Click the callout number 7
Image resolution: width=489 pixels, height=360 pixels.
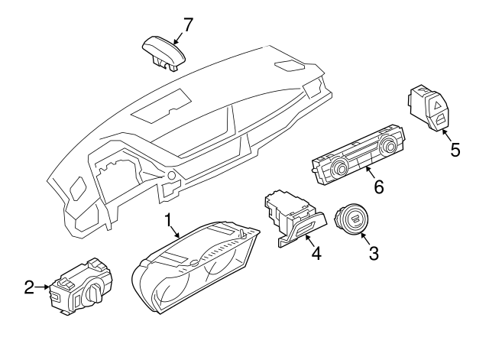187,24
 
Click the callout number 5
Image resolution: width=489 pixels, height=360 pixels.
455,149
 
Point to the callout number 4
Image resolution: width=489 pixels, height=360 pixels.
316,252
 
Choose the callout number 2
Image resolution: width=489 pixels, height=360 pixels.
29,287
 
